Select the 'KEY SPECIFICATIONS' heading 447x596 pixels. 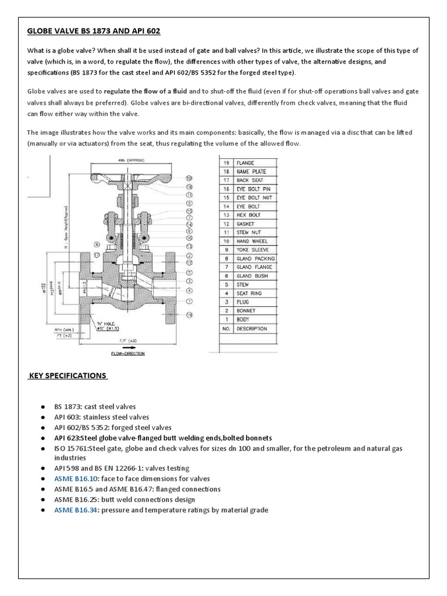pos(68,375)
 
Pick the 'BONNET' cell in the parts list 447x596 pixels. pos(247,311)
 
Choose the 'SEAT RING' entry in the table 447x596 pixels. pos(251,293)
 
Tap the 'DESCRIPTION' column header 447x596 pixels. pos(252,329)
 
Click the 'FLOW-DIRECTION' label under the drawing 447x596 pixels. pos(127,353)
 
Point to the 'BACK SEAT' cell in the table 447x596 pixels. pos(251,180)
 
